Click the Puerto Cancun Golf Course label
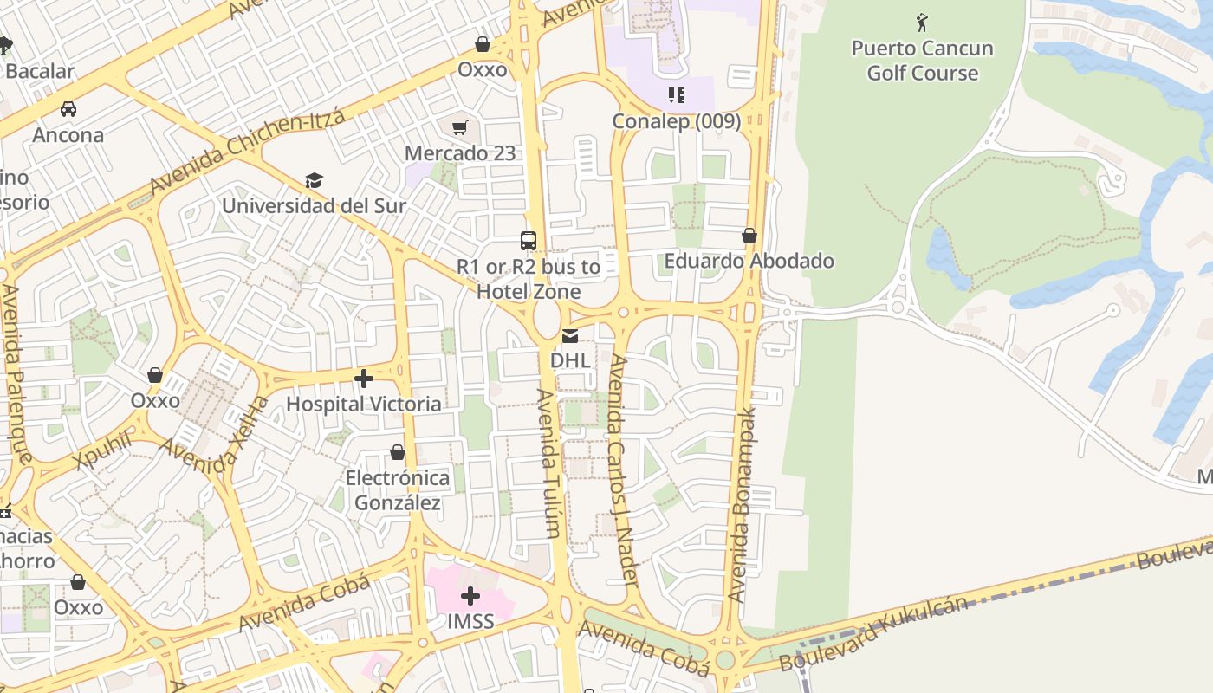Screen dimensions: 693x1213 click(922, 61)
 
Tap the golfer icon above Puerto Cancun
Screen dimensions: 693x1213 click(922, 22)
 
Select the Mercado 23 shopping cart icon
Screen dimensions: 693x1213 click(460, 128)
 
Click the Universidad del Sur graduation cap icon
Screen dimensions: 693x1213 click(314, 180)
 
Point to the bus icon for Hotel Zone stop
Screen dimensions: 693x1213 click(528, 241)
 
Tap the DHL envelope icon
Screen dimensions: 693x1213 click(570, 335)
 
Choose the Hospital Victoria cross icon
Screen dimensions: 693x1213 click(364, 379)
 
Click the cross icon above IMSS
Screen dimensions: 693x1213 click(470, 596)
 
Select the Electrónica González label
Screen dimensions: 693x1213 click(398, 490)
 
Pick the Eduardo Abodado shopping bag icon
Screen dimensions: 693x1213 click(749, 236)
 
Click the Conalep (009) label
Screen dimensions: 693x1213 click(677, 121)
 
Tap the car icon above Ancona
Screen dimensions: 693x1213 click(68, 109)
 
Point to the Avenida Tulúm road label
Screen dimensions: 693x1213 click(549, 463)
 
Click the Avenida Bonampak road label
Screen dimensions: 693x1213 click(742, 505)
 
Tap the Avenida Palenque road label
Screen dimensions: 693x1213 click(16, 373)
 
